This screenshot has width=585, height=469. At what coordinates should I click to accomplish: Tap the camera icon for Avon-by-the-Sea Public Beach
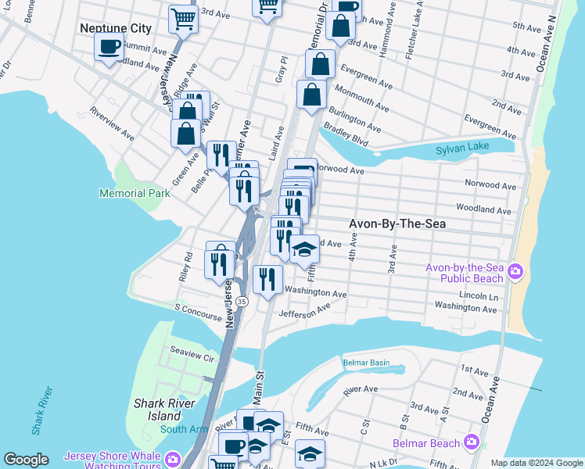[x=515, y=272]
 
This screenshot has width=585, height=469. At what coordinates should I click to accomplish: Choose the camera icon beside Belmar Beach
[x=471, y=443]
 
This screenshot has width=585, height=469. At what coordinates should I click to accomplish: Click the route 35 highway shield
[x=242, y=301]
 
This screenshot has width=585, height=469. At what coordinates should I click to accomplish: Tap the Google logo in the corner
[x=26, y=460]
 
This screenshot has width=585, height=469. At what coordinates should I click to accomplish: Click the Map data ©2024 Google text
[x=536, y=463]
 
